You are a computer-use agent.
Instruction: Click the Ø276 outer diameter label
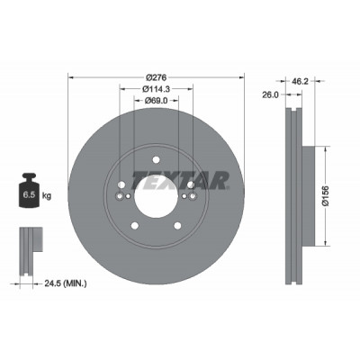tap(156, 77)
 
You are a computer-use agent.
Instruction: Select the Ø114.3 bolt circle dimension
tap(156, 89)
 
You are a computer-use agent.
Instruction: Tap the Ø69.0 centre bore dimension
tap(156, 101)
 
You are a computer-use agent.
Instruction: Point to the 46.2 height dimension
tap(300, 81)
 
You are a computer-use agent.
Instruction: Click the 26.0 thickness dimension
tap(270, 94)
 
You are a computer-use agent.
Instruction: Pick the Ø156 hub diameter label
tap(326, 195)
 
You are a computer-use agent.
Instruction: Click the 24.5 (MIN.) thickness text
tap(66, 283)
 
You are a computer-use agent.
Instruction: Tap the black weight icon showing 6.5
tap(29, 190)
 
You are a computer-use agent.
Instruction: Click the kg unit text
tap(47, 196)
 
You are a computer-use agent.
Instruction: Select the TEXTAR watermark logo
tap(181, 181)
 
